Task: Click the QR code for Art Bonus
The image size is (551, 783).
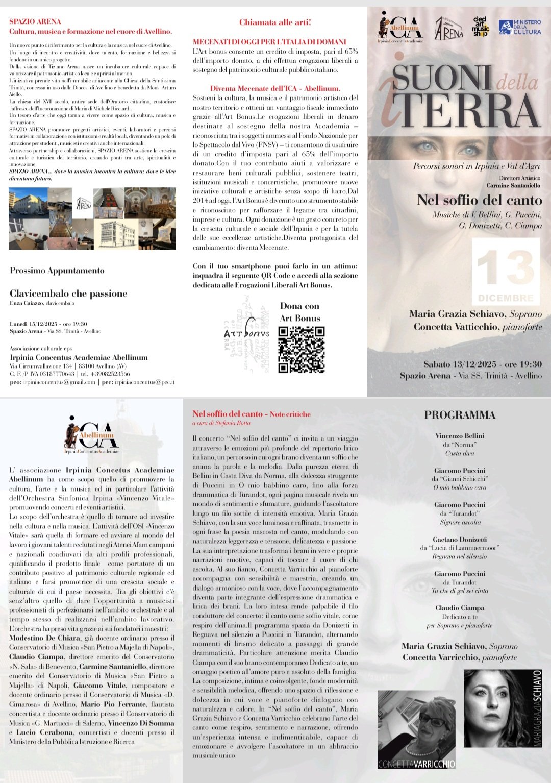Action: click(x=301, y=349)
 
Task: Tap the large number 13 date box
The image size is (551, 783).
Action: click(x=506, y=271)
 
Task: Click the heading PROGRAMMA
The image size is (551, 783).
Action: click(x=460, y=415)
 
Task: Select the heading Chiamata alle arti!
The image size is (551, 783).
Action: click(x=275, y=22)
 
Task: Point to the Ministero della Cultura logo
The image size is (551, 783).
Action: click(x=520, y=28)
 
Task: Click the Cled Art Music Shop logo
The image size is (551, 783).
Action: click(x=481, y=28)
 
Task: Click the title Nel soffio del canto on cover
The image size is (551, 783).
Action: click(x=479, y=200)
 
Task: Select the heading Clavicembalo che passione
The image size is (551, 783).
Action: click(x=68, y=293)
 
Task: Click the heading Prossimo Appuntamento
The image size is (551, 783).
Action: click(x=57, y=271)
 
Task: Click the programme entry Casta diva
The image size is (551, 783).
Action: click(x=460, y=453)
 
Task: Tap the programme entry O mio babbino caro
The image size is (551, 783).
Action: click(x=460, y=487)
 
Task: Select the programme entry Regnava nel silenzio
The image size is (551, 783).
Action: click(x=460, y=556)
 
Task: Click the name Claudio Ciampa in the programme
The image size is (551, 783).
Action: click(x=460, y=608)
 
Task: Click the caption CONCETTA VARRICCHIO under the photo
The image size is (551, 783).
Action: click(x=416, y=764)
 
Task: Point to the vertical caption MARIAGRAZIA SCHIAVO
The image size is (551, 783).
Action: click(x=537, y=709)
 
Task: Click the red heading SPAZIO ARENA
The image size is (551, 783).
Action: click(x=35, y=21)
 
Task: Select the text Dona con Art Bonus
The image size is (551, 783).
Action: click(x=300, y=312)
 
